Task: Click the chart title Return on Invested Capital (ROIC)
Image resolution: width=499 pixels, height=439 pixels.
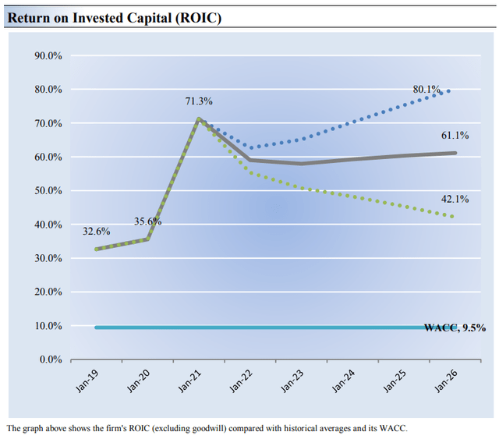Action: [115, 17]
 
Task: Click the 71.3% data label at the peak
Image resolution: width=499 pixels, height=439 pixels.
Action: [199, 102]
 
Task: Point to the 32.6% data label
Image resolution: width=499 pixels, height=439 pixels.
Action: [97, 232]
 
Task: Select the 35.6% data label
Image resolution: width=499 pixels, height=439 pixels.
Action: [148, 221]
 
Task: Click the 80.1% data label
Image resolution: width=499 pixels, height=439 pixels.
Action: [426, 90]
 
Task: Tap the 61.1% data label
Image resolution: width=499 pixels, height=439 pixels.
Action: [455, 136]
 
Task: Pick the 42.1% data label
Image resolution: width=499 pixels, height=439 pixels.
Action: [455, 200]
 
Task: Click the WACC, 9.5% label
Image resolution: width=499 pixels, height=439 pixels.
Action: [455, 328]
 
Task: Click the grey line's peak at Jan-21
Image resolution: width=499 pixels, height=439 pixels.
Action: [199, 119]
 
